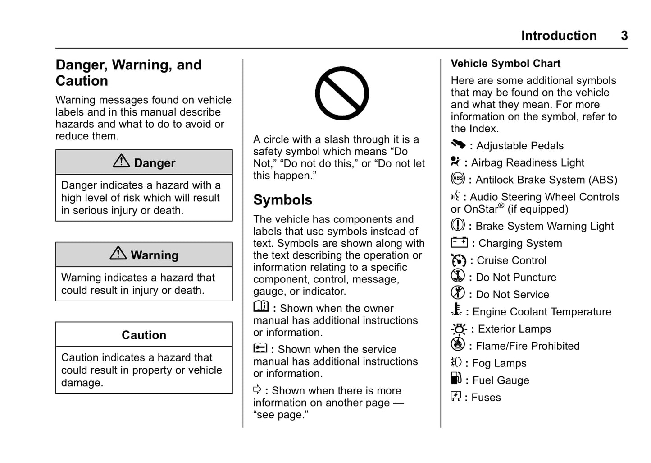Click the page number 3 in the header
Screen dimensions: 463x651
point(624,36)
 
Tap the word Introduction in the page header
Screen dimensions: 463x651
point(559,36)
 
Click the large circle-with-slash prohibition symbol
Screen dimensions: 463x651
point(342,93)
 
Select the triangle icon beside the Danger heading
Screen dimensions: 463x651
point(121,161)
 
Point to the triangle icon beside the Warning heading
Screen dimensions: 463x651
point(118,254)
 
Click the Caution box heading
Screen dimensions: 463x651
point(144,335)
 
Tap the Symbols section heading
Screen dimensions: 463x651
point(282,200)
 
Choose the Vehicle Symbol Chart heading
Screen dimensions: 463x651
point(505,64)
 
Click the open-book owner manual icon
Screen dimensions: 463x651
point(261,306)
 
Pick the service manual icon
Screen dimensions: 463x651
point(260,348)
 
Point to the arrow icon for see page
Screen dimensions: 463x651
point(257,389)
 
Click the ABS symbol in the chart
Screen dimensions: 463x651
point(458,178)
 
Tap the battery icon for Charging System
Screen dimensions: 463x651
point(460,242)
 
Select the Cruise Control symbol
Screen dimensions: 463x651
point(459,260)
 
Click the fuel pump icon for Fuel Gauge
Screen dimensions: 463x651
point(456,379)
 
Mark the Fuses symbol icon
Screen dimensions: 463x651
point(456,396)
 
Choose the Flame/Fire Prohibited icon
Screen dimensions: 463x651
point(458,344)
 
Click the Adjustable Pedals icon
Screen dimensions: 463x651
point(458,144)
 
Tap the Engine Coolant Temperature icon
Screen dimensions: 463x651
point(456,310)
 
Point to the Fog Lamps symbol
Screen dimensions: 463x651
point(456,362)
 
